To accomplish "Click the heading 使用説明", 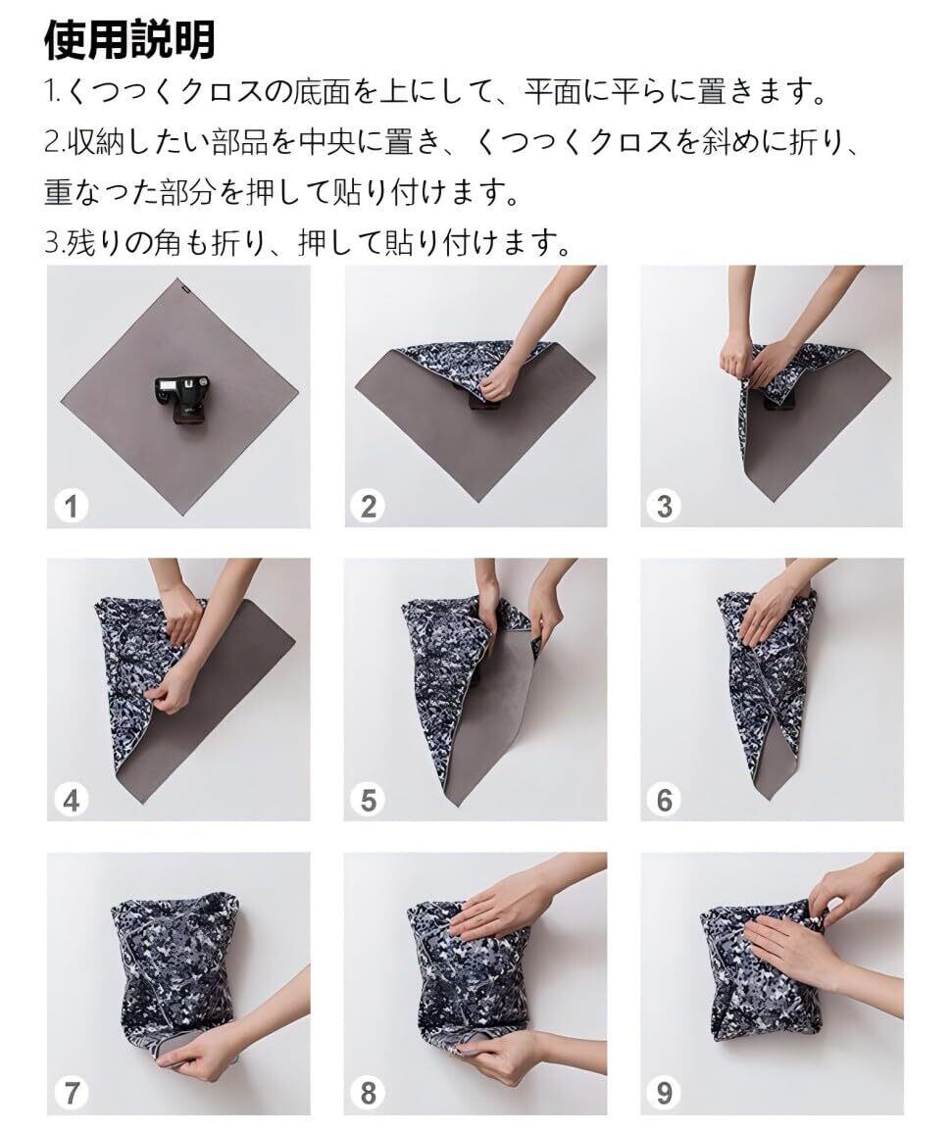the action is coord(130,40).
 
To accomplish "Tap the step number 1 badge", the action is coord(71,506).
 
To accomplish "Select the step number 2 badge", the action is coord(368,506).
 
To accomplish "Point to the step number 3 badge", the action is coord(665,506).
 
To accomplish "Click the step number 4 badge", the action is coord(71,800).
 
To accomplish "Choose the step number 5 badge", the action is coord(368,800).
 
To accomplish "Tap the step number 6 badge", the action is coord(665,800).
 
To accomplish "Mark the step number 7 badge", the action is coord(71,1092).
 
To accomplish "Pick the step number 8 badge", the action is coord(368,1092).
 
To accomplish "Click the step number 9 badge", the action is coord(665,1092).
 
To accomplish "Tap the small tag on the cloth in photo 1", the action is coord(186,285).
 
